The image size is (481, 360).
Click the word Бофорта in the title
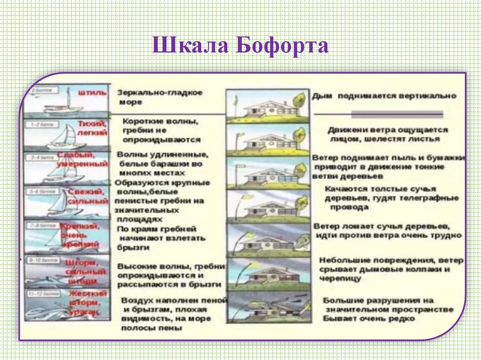tap(282, 46)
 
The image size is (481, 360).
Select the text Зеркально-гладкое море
tap(160, 97)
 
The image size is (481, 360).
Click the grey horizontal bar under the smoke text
tap(396, 114)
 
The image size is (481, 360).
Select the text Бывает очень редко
tap(369, 319)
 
